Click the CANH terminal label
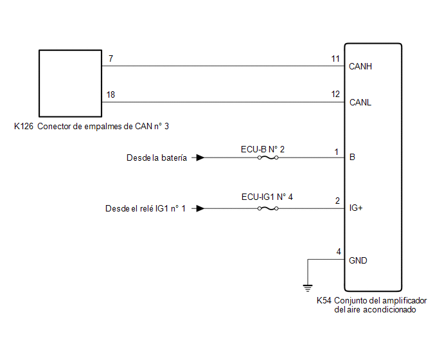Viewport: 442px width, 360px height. coord(360,66)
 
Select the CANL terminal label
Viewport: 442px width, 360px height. coord(360,102)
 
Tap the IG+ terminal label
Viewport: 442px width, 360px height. coord(356,208)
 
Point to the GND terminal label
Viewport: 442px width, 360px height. coord(358,260)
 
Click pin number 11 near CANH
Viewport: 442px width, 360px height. coord(335,59)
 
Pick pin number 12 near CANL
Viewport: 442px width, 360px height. coord(335,94)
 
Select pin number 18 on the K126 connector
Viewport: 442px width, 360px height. coord(110,94)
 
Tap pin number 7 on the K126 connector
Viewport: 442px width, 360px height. coord(110,59)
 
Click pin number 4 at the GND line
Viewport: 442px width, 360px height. coord(339,251)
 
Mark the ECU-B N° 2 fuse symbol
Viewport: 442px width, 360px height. coord(268,157)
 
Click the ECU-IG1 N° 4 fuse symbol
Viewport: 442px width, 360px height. coord(268,208)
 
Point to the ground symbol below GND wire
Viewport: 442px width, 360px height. coord(308,288)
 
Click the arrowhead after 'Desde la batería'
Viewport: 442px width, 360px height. coord(200,157)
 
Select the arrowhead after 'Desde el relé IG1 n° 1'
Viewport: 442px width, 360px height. coord(200,208)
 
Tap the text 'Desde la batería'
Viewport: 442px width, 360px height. coord(157,157)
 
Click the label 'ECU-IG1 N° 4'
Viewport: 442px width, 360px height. coord(267,197)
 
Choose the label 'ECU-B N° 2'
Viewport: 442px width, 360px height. coord(263,149)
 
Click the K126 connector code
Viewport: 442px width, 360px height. coord(24,126)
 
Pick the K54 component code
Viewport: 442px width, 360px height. coord(324,300)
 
